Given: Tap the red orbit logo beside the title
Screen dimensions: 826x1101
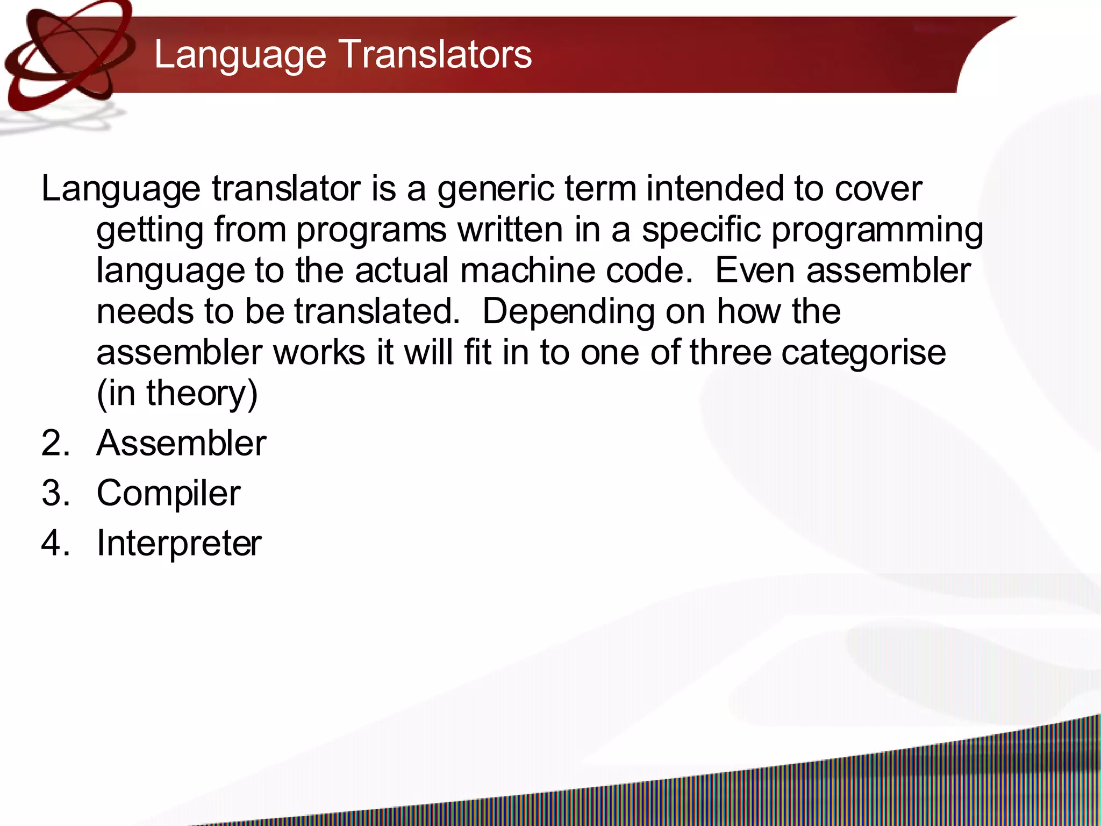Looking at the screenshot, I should (67, 56).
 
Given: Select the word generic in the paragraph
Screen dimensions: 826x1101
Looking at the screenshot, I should (495, 189).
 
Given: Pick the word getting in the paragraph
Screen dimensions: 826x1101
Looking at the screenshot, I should (150, 230).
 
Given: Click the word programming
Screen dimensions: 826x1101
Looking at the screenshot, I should (877, 230).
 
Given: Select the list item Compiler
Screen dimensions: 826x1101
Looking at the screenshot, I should (168, 493).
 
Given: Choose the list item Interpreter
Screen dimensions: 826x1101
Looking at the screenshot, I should (179, 543).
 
